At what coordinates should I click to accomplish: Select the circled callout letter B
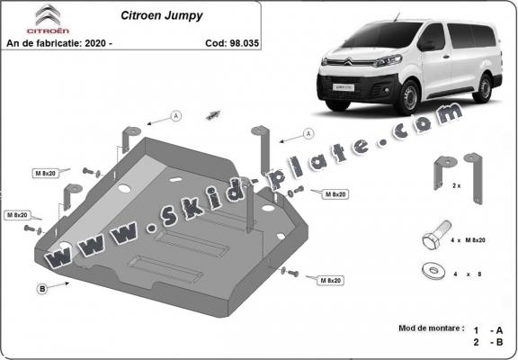pos(41,288)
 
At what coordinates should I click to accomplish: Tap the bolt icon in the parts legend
pos(435,240)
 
